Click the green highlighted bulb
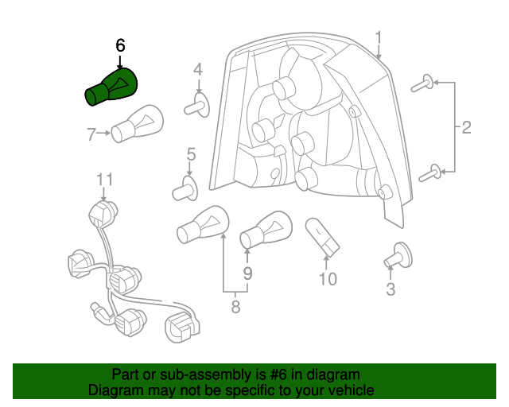(114, 86)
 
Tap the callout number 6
(120, 46)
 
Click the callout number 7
(91, 134)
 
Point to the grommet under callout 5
(186, 189)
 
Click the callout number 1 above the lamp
(379, 37)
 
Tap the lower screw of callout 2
(429, 170)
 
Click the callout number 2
(466, 126)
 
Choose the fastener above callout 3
(394, 256)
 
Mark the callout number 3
(390, 289)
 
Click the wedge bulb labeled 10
(322, 237)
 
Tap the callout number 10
(328, 279)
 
